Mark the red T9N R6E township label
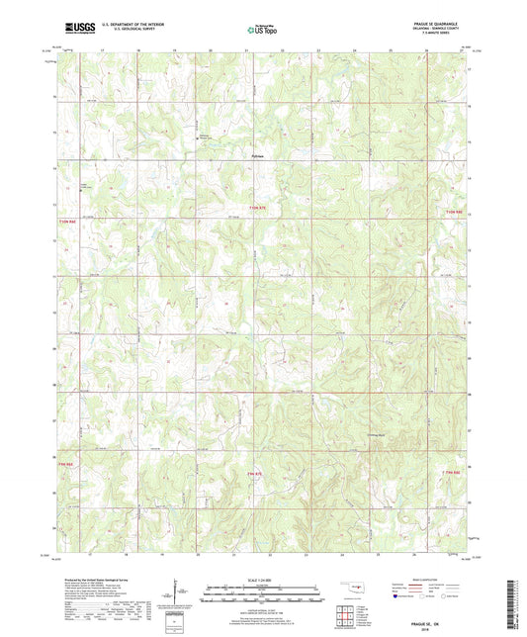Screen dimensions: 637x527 (65, 457)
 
